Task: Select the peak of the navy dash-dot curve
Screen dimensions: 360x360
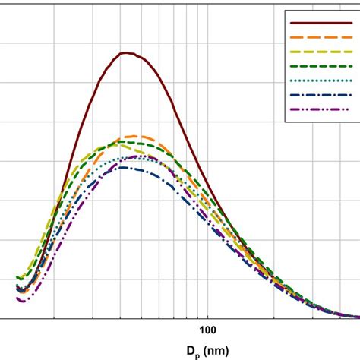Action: click(x=122, y=167)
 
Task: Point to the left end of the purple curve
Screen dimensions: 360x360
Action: click(x=19, y=299)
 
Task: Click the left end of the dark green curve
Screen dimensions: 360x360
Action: click(x=17, y=278)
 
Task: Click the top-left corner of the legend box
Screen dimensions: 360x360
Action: click(x=284, y=11)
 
